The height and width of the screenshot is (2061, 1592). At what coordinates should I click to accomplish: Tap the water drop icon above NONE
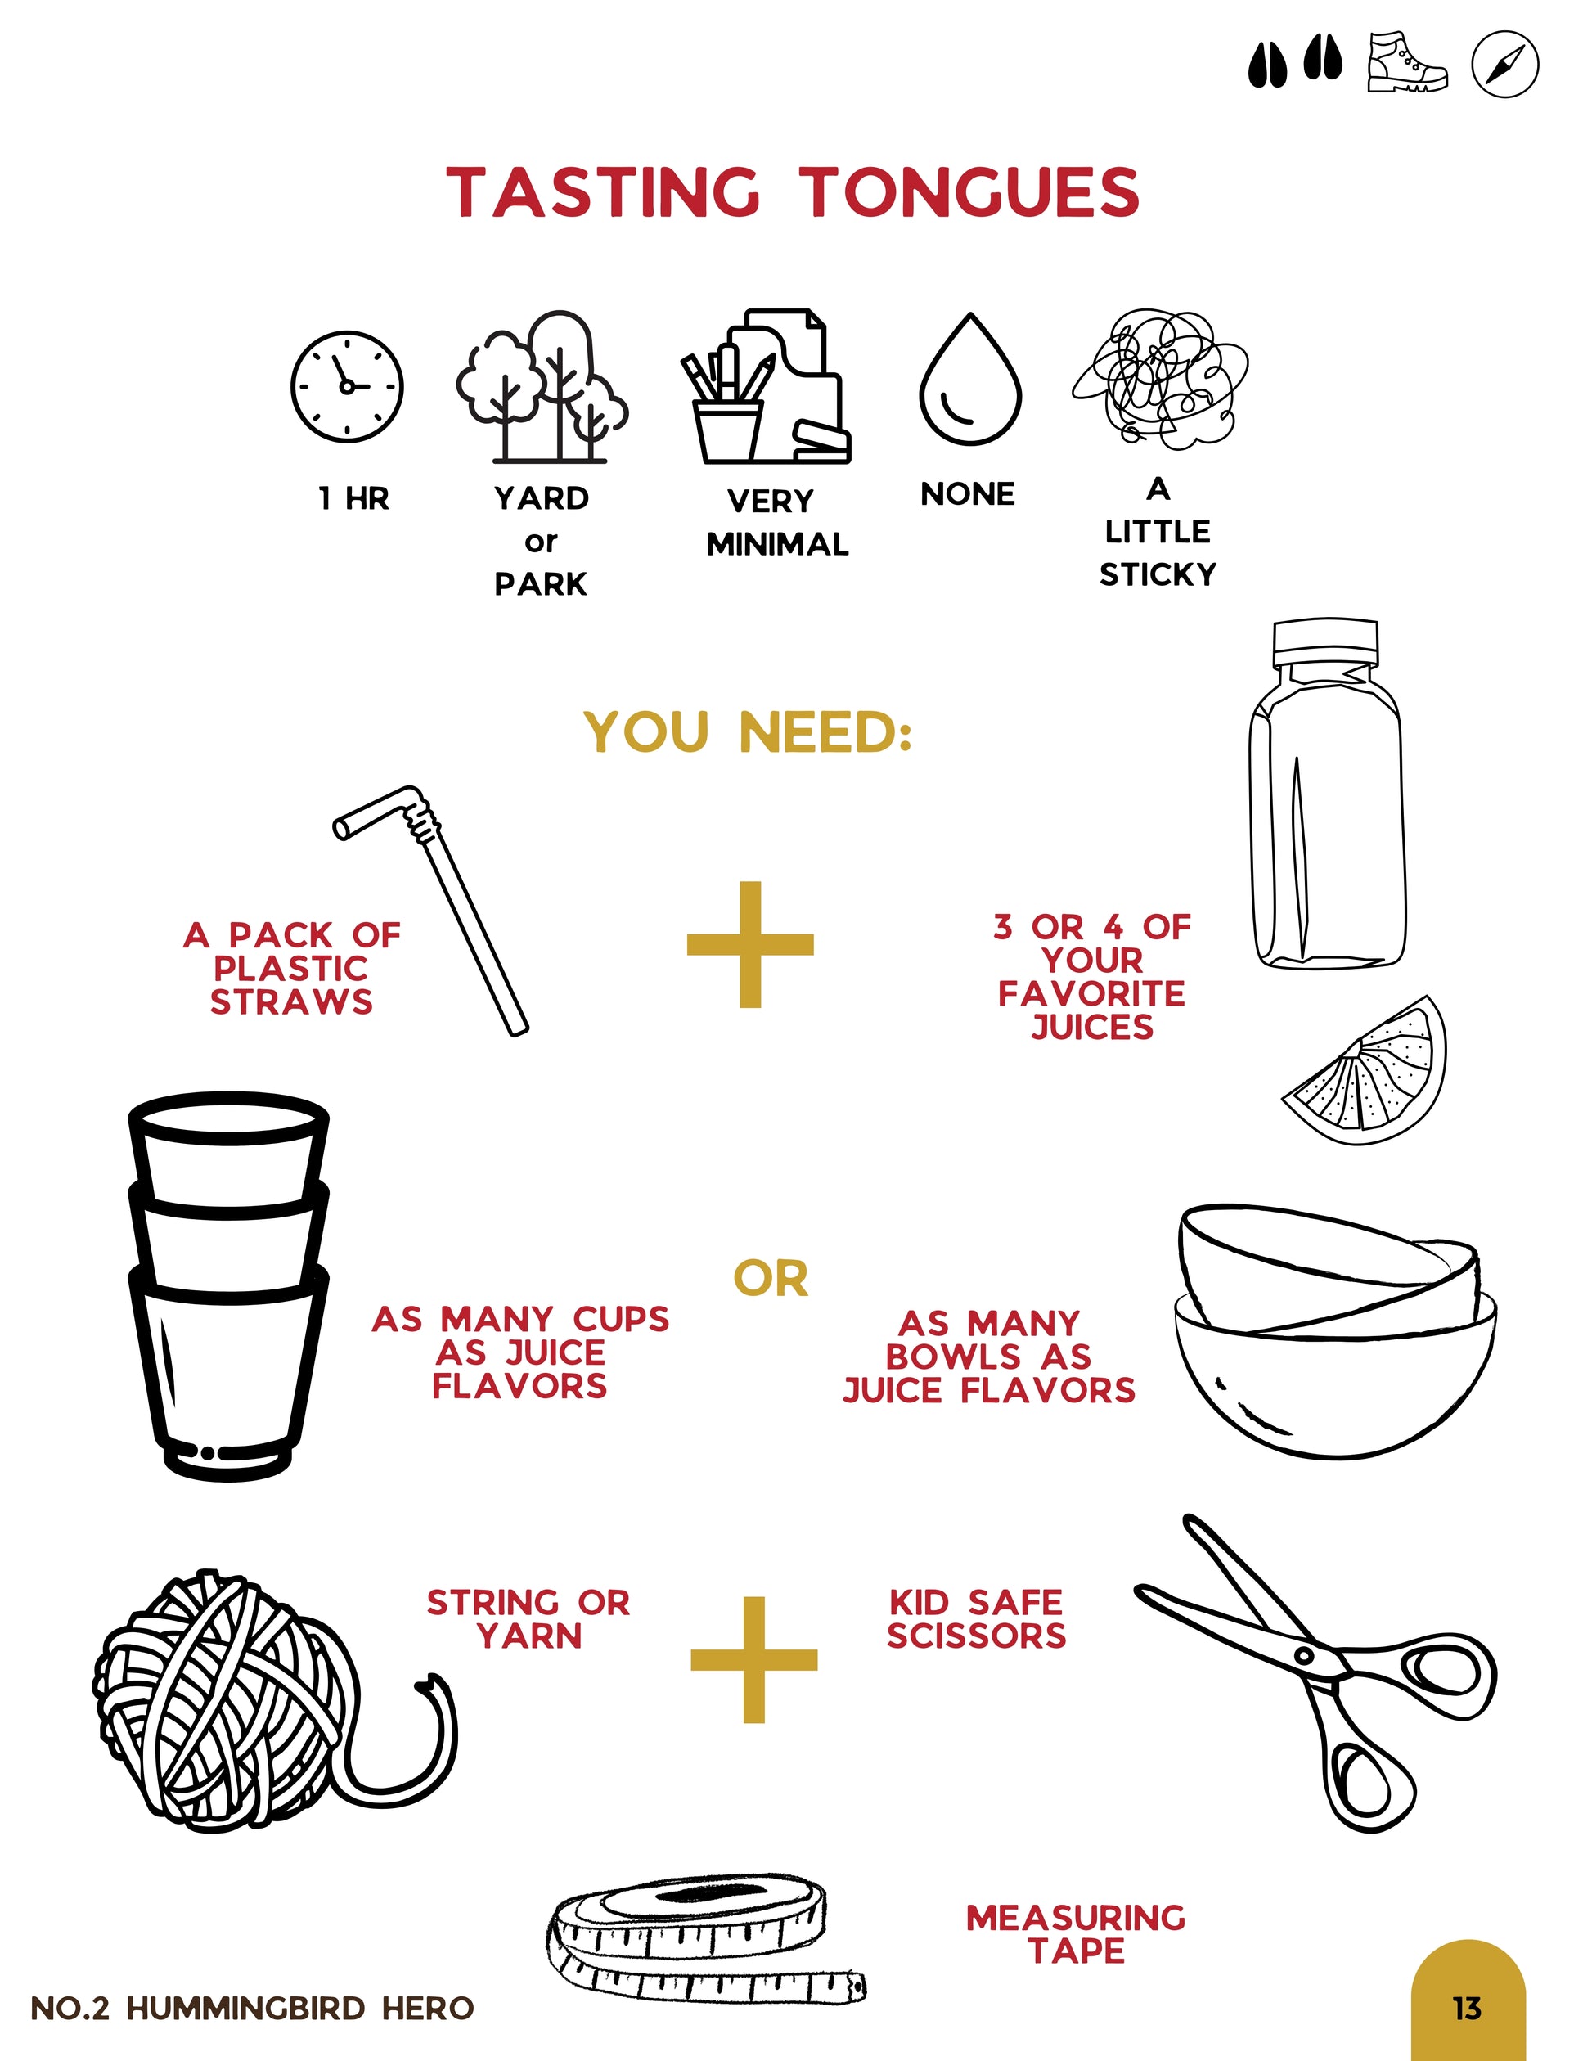coord(970,380)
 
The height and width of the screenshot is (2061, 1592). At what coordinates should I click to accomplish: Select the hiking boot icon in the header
coord(1406,62)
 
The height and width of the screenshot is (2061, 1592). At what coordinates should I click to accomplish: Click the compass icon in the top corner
coord(1504,64)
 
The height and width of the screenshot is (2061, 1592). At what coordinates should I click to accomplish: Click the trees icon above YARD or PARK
coord(542,386)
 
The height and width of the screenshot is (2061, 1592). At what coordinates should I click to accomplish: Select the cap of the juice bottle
coord(1325,641)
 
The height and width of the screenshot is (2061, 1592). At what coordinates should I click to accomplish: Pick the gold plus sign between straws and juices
coord(750,945)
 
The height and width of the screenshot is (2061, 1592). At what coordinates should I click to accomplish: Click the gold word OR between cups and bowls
coord(771,1279)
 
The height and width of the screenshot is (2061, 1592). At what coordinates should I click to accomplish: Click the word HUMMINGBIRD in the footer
coord(245,2008)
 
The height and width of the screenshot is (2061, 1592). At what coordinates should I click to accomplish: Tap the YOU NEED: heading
coord(749,732)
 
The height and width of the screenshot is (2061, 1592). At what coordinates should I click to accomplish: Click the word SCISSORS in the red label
coord(977,1636)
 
